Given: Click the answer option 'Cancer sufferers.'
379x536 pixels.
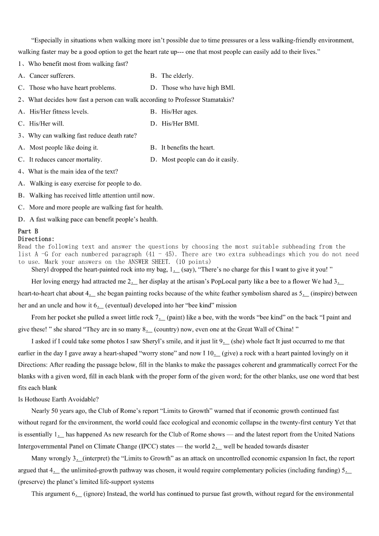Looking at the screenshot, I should (x=52, y=75).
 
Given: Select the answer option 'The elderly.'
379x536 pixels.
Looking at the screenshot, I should (x=177, y=75).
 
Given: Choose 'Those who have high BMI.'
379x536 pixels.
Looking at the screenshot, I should (x=198, y=88).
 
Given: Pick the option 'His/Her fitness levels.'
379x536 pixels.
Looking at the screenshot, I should (x=59, y=112).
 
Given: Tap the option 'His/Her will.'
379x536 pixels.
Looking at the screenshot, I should (x=46, y=124).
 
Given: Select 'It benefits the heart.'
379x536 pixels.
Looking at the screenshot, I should (x=188, y=147).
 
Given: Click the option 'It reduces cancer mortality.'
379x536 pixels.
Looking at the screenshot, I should (x=65, y=159).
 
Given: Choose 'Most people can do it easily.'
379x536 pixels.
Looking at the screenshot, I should (x=200, y=159).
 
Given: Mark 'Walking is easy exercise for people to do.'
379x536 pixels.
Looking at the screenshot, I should (x=85, y=183).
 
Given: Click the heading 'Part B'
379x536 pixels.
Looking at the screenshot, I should (x=28, y=231).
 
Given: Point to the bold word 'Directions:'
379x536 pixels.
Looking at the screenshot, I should (x=36, y=239).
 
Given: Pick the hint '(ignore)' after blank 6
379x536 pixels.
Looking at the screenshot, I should (x=96, y=494).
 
